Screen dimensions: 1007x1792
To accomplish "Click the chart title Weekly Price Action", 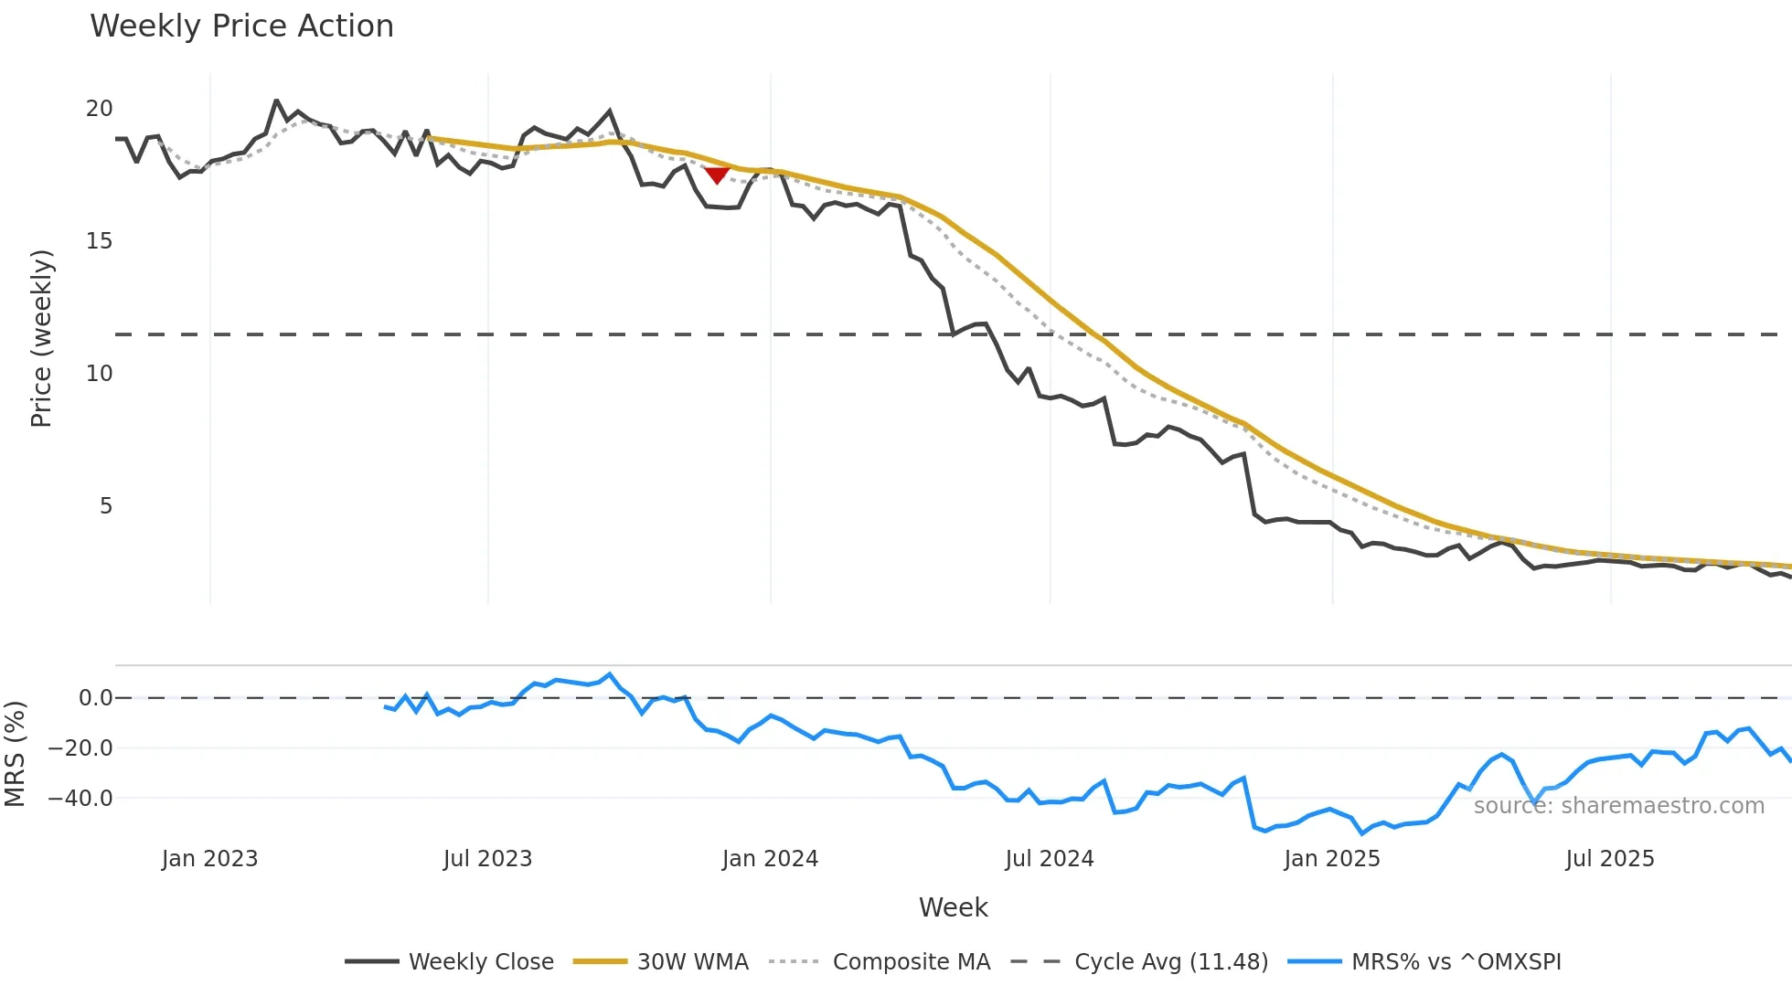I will (241, 26).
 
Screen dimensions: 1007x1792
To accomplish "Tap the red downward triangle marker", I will (717, 175).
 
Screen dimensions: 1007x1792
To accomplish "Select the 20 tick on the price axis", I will (99, 109).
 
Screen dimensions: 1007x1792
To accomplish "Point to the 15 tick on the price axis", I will (99, 241).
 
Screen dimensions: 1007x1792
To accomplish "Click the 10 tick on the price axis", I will (99, 374).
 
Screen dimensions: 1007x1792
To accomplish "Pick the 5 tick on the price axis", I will (106, 506).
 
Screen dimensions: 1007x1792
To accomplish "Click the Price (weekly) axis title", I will (41, 338).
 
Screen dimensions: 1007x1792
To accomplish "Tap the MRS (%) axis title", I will (15, 754).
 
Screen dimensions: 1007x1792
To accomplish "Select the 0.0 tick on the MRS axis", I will (95, 698).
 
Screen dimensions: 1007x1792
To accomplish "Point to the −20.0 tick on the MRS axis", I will (80, 748).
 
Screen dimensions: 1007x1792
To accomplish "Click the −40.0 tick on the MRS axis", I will (80, 799).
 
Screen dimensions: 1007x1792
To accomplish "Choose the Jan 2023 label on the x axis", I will (209, 859).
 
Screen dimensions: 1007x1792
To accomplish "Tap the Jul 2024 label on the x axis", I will (1049, 859).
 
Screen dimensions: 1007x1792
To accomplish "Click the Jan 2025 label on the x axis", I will (1331, 859).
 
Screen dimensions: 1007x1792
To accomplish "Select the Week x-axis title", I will (953, 907).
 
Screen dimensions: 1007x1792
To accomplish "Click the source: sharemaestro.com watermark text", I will (1618, 806).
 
